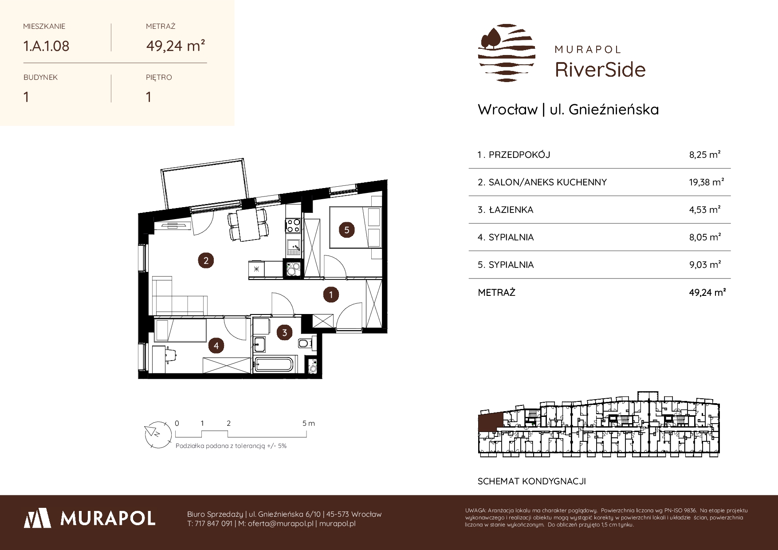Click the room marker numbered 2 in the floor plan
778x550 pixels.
tap(206, 260)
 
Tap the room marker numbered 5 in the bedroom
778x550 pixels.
tap(347, 230)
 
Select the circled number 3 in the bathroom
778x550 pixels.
tap(285, 332)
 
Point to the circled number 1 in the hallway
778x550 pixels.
tap(331, 294)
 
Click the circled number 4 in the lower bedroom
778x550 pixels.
tap(216, 346)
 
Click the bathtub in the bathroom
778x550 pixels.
tap(273, 364)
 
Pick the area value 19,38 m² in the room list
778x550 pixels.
tap(706, 182)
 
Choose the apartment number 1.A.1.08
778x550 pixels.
tap(46, 46)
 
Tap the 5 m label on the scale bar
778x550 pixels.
tap(309, 424)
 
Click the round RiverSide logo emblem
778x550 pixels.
tap(507, 53)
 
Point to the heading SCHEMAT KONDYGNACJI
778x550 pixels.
tap(531, 481)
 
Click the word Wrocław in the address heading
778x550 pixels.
tap(507, 109)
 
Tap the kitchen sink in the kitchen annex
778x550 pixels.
tap(293, 246)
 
